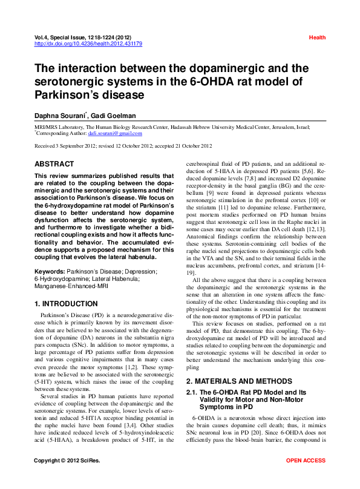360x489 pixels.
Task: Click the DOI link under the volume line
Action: [88, 44]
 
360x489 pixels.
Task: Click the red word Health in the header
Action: [317, 38]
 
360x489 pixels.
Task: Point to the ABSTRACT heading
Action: [54, 164]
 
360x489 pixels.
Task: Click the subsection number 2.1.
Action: [194, 393]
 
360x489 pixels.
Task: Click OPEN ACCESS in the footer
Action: [306, 478]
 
